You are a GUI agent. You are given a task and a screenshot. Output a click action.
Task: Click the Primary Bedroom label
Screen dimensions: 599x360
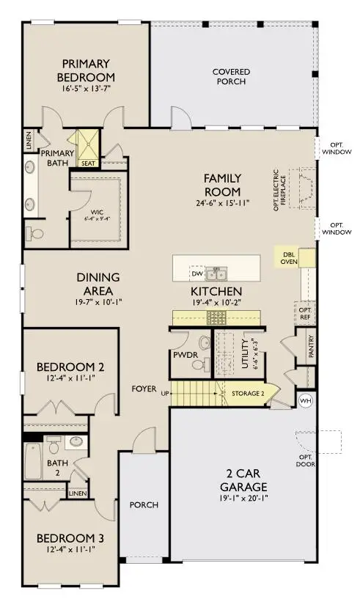point(87,70)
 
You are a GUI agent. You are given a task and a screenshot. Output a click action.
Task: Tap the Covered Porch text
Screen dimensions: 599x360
point(231,76)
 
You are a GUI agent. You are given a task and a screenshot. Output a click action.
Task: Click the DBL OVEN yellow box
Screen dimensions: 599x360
point(288,257)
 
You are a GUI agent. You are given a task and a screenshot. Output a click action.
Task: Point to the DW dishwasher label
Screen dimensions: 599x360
point(196,273)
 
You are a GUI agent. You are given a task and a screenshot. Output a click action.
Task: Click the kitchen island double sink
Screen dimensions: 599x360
point(216,274)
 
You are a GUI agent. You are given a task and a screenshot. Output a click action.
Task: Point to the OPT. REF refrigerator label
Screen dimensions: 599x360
point(306,314)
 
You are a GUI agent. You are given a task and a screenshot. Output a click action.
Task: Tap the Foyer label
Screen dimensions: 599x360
point(144,388)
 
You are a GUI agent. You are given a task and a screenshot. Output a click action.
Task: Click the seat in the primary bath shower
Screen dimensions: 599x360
point(88,163)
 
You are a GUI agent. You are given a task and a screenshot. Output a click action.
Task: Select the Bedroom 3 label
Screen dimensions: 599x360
point(70,538)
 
